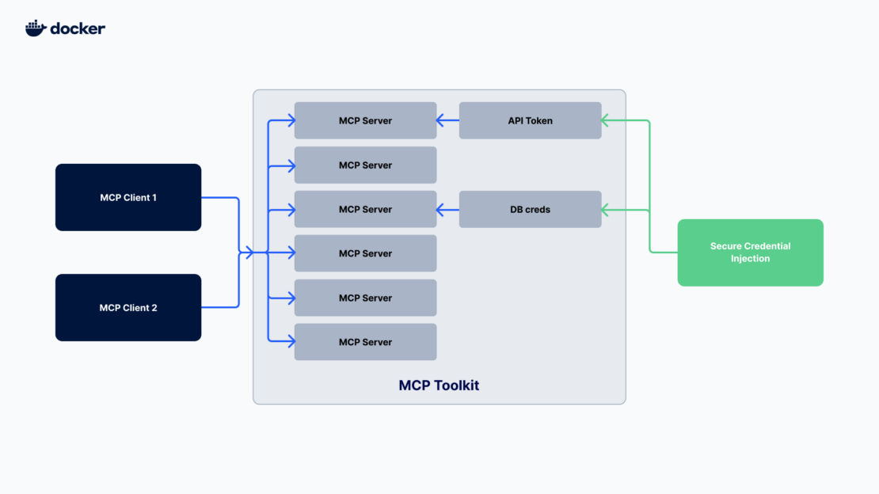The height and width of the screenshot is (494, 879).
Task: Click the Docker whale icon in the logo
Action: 36,28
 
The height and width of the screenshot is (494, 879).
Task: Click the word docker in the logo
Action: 78,28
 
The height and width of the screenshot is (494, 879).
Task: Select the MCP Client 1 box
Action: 128,197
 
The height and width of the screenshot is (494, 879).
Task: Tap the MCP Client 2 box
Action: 128,308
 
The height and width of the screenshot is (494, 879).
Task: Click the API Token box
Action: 530,121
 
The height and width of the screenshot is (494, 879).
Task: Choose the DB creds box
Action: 530,210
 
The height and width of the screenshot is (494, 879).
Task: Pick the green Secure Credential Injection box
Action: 750,253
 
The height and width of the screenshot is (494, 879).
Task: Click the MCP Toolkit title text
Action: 439,386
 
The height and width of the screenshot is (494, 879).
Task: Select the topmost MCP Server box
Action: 365,121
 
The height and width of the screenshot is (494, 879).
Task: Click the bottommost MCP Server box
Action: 365,342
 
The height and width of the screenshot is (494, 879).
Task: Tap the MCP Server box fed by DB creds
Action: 365,210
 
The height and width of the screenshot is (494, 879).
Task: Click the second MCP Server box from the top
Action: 365,165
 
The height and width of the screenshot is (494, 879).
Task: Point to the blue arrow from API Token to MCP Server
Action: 448,121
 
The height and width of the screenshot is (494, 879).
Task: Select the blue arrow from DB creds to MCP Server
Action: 448,210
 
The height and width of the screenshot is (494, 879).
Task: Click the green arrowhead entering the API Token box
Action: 606,121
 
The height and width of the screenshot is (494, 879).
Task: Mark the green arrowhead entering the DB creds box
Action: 606,210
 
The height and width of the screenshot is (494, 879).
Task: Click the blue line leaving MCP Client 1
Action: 222,197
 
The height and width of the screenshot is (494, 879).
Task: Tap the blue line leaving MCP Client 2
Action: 222,308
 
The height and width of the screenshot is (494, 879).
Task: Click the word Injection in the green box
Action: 750,259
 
